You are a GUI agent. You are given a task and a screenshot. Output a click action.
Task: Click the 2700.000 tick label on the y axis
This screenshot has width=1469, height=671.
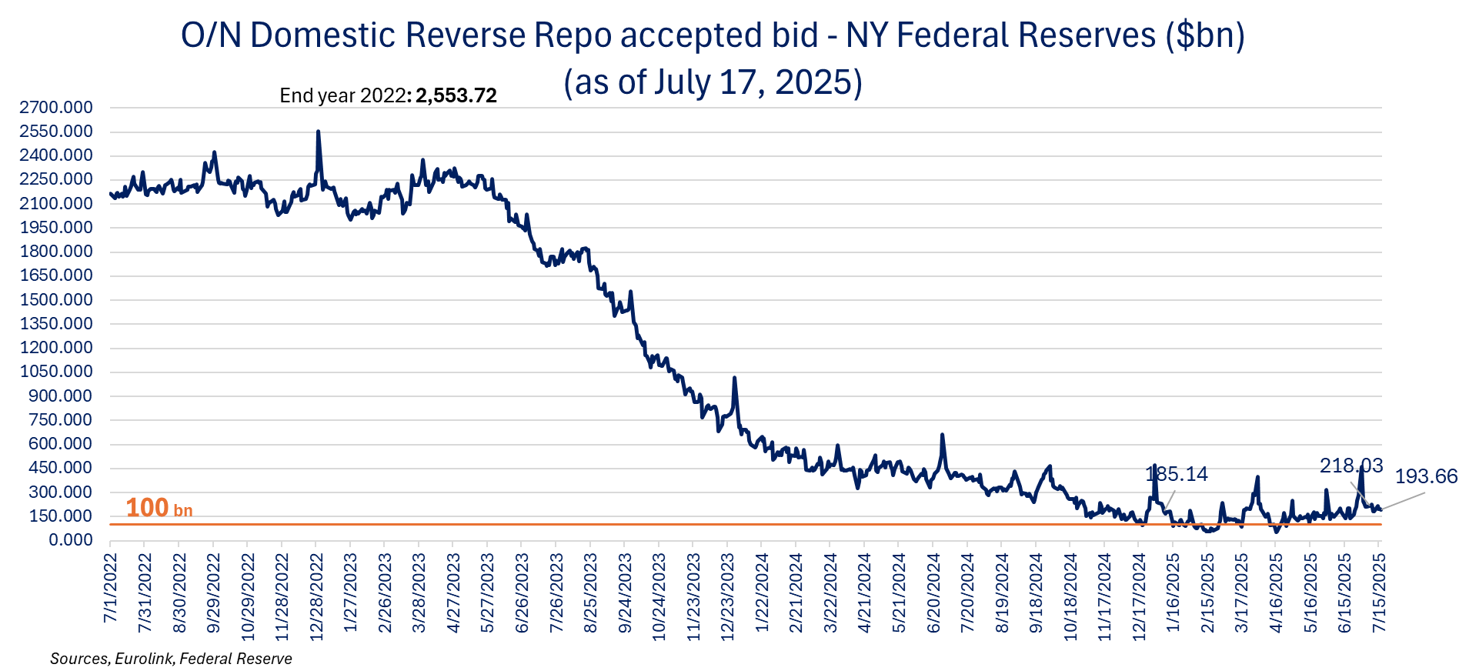click(x=56, y=108)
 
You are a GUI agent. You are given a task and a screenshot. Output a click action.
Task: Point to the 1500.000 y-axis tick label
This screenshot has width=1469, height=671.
click(x=56, y=300)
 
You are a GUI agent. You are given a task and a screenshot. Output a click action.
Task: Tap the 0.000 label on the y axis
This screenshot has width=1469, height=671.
click(x=71, y=540)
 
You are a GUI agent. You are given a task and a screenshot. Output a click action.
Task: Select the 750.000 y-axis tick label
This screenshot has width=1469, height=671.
click(x=61, y=420)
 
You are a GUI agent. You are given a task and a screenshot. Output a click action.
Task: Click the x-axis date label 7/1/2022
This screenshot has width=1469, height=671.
click(x=111, y=588)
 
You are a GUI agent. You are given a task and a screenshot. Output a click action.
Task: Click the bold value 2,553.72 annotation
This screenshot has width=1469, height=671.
click(x=456, y=95)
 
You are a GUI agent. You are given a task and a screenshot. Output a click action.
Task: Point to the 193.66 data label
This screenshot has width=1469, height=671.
click(x=1426, y=476)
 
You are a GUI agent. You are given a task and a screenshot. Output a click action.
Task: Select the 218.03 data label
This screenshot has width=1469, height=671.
click(x=1351, y=466)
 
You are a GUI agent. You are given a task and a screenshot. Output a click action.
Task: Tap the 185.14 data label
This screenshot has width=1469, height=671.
click(x=1177, y=474)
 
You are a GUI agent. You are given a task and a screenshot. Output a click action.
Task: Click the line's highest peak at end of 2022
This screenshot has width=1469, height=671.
click(x=318, y=132)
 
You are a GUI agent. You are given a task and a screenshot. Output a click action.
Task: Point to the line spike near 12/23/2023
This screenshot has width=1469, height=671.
click(x=735, y=378)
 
